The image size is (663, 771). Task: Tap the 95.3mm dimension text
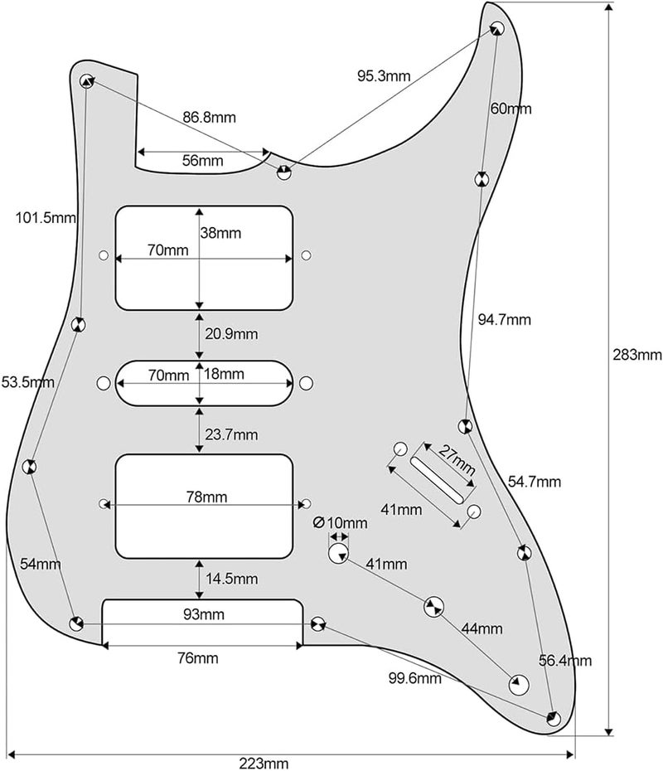coord(384,75)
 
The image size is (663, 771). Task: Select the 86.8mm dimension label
coord(209,118)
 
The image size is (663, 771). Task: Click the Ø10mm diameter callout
coord(341,523)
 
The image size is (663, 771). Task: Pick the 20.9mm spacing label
coord(230,334)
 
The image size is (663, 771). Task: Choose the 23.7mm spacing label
coord(230,434)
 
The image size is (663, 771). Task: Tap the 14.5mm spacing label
coord(230,578)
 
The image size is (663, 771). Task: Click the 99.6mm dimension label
coord(415,678)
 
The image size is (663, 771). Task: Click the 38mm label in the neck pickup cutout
coord(220,234)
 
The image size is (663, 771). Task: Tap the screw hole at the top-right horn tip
coord(498,28)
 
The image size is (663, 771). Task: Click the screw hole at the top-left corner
coord(86,80)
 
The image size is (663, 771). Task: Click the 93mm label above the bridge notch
coord(203,614)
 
